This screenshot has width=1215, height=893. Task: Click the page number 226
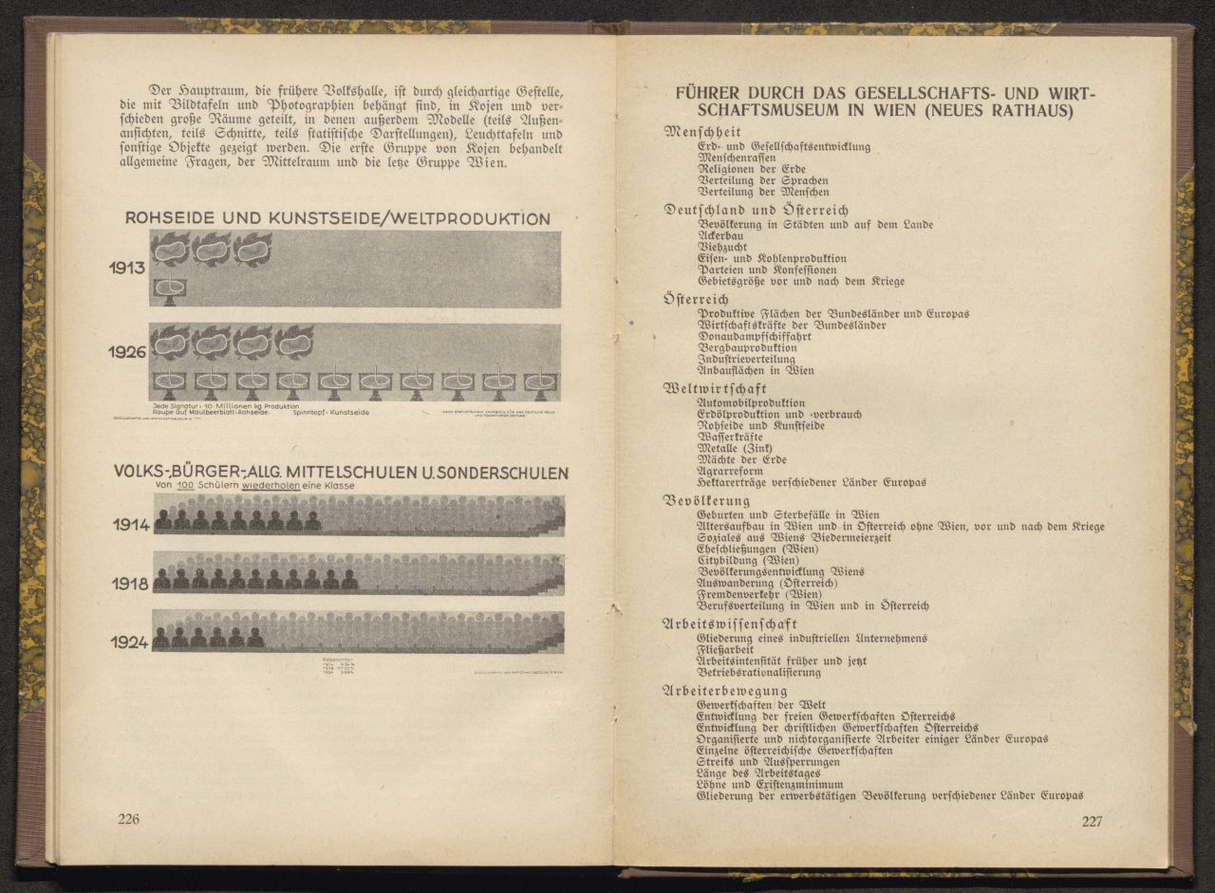point(128,820)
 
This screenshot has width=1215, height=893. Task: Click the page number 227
point(1092,822)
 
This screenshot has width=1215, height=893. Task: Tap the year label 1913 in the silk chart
point(126,268)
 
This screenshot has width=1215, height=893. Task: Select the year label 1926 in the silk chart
point(126,352)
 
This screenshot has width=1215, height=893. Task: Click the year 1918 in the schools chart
point(131,584)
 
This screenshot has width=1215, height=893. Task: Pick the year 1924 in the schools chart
point(130,642)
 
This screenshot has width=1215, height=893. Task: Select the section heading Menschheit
point(703,132)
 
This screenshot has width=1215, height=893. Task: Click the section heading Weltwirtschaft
point(714,389)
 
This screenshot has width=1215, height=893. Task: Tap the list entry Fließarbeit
point(727,650)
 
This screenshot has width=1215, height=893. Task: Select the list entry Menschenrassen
point(737,158)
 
